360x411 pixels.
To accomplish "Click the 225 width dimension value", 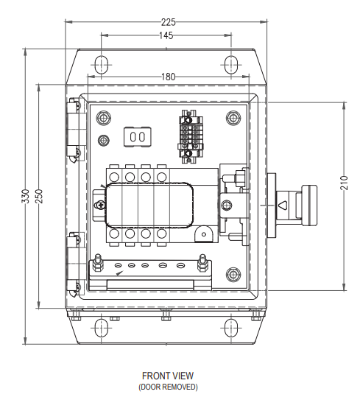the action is (x=168, y=22).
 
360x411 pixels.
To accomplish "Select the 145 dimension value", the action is (x=166, y=35).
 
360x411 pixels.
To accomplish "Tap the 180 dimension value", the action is (x=168, y=77).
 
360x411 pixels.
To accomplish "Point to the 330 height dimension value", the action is (x=26, y=196).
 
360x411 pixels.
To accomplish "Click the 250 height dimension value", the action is (x=38, y=196).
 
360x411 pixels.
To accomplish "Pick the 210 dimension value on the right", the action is (x=345, y=183).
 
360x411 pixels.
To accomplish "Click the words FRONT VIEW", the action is (x=168, y=376).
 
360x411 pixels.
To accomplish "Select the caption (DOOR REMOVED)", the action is (x=168, y=387).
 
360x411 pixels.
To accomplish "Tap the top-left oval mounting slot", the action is (x=101, y=65).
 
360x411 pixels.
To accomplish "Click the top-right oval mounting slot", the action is (x=231, y=65).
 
